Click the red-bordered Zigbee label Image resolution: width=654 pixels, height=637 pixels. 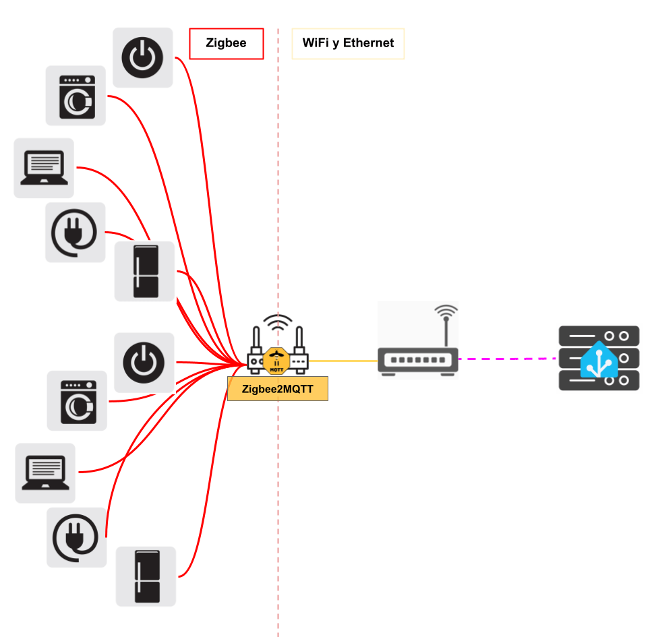(226, 44)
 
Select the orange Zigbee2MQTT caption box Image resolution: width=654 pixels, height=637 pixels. (277, 390)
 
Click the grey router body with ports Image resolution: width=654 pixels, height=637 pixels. (417, 360)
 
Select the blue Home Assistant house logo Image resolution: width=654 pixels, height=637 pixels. (599, 360)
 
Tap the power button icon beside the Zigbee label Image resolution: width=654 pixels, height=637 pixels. (142, 57)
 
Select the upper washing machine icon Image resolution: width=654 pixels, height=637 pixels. (76, 96)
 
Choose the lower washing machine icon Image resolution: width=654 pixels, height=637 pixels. (76, 400)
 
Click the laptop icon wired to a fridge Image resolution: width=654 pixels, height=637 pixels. (44, 168)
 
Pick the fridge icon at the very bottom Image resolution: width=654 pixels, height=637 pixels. (146, 576)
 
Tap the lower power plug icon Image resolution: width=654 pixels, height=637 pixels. (76, 537)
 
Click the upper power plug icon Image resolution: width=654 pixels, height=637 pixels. (75, 233)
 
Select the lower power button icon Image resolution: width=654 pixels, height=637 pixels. (144, 363)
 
